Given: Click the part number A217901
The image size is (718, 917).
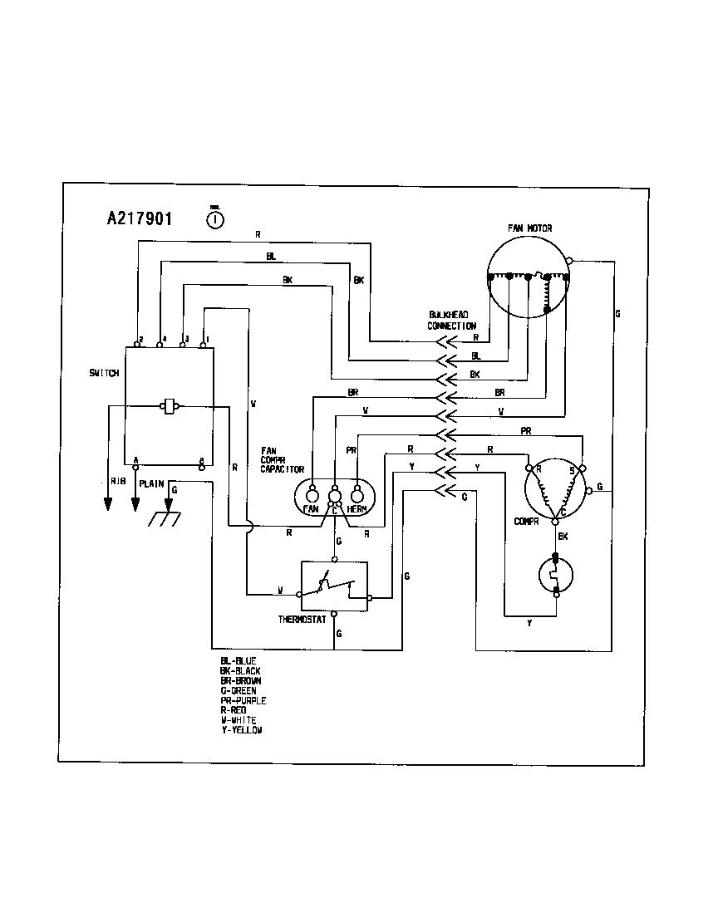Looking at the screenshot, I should [140, 219].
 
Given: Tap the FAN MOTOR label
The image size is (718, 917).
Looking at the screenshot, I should [529, 228].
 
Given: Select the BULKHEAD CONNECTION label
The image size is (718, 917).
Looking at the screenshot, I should [451, 320].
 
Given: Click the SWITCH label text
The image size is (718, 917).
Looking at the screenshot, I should [104, 373].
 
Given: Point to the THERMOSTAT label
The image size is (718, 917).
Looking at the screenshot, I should [303, 620].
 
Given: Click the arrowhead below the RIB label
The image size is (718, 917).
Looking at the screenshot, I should [108, 504].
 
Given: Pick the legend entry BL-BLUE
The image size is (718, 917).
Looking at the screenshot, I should [239, 661].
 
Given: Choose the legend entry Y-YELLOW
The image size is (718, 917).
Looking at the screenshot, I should [241, 730].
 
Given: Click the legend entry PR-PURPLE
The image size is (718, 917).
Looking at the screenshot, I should [243, 701].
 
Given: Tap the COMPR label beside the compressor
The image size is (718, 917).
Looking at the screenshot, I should [527, 522].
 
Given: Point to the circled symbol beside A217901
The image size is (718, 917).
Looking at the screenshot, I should [214, 219].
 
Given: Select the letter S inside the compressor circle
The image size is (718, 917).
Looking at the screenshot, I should [572, 470].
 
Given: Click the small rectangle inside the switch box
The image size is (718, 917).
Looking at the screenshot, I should [170, 406].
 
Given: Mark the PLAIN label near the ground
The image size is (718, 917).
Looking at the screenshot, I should [151, 483].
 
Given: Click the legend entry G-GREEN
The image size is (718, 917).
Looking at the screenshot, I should [239, 691].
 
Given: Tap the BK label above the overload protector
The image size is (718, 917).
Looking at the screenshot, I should [563, 537].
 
